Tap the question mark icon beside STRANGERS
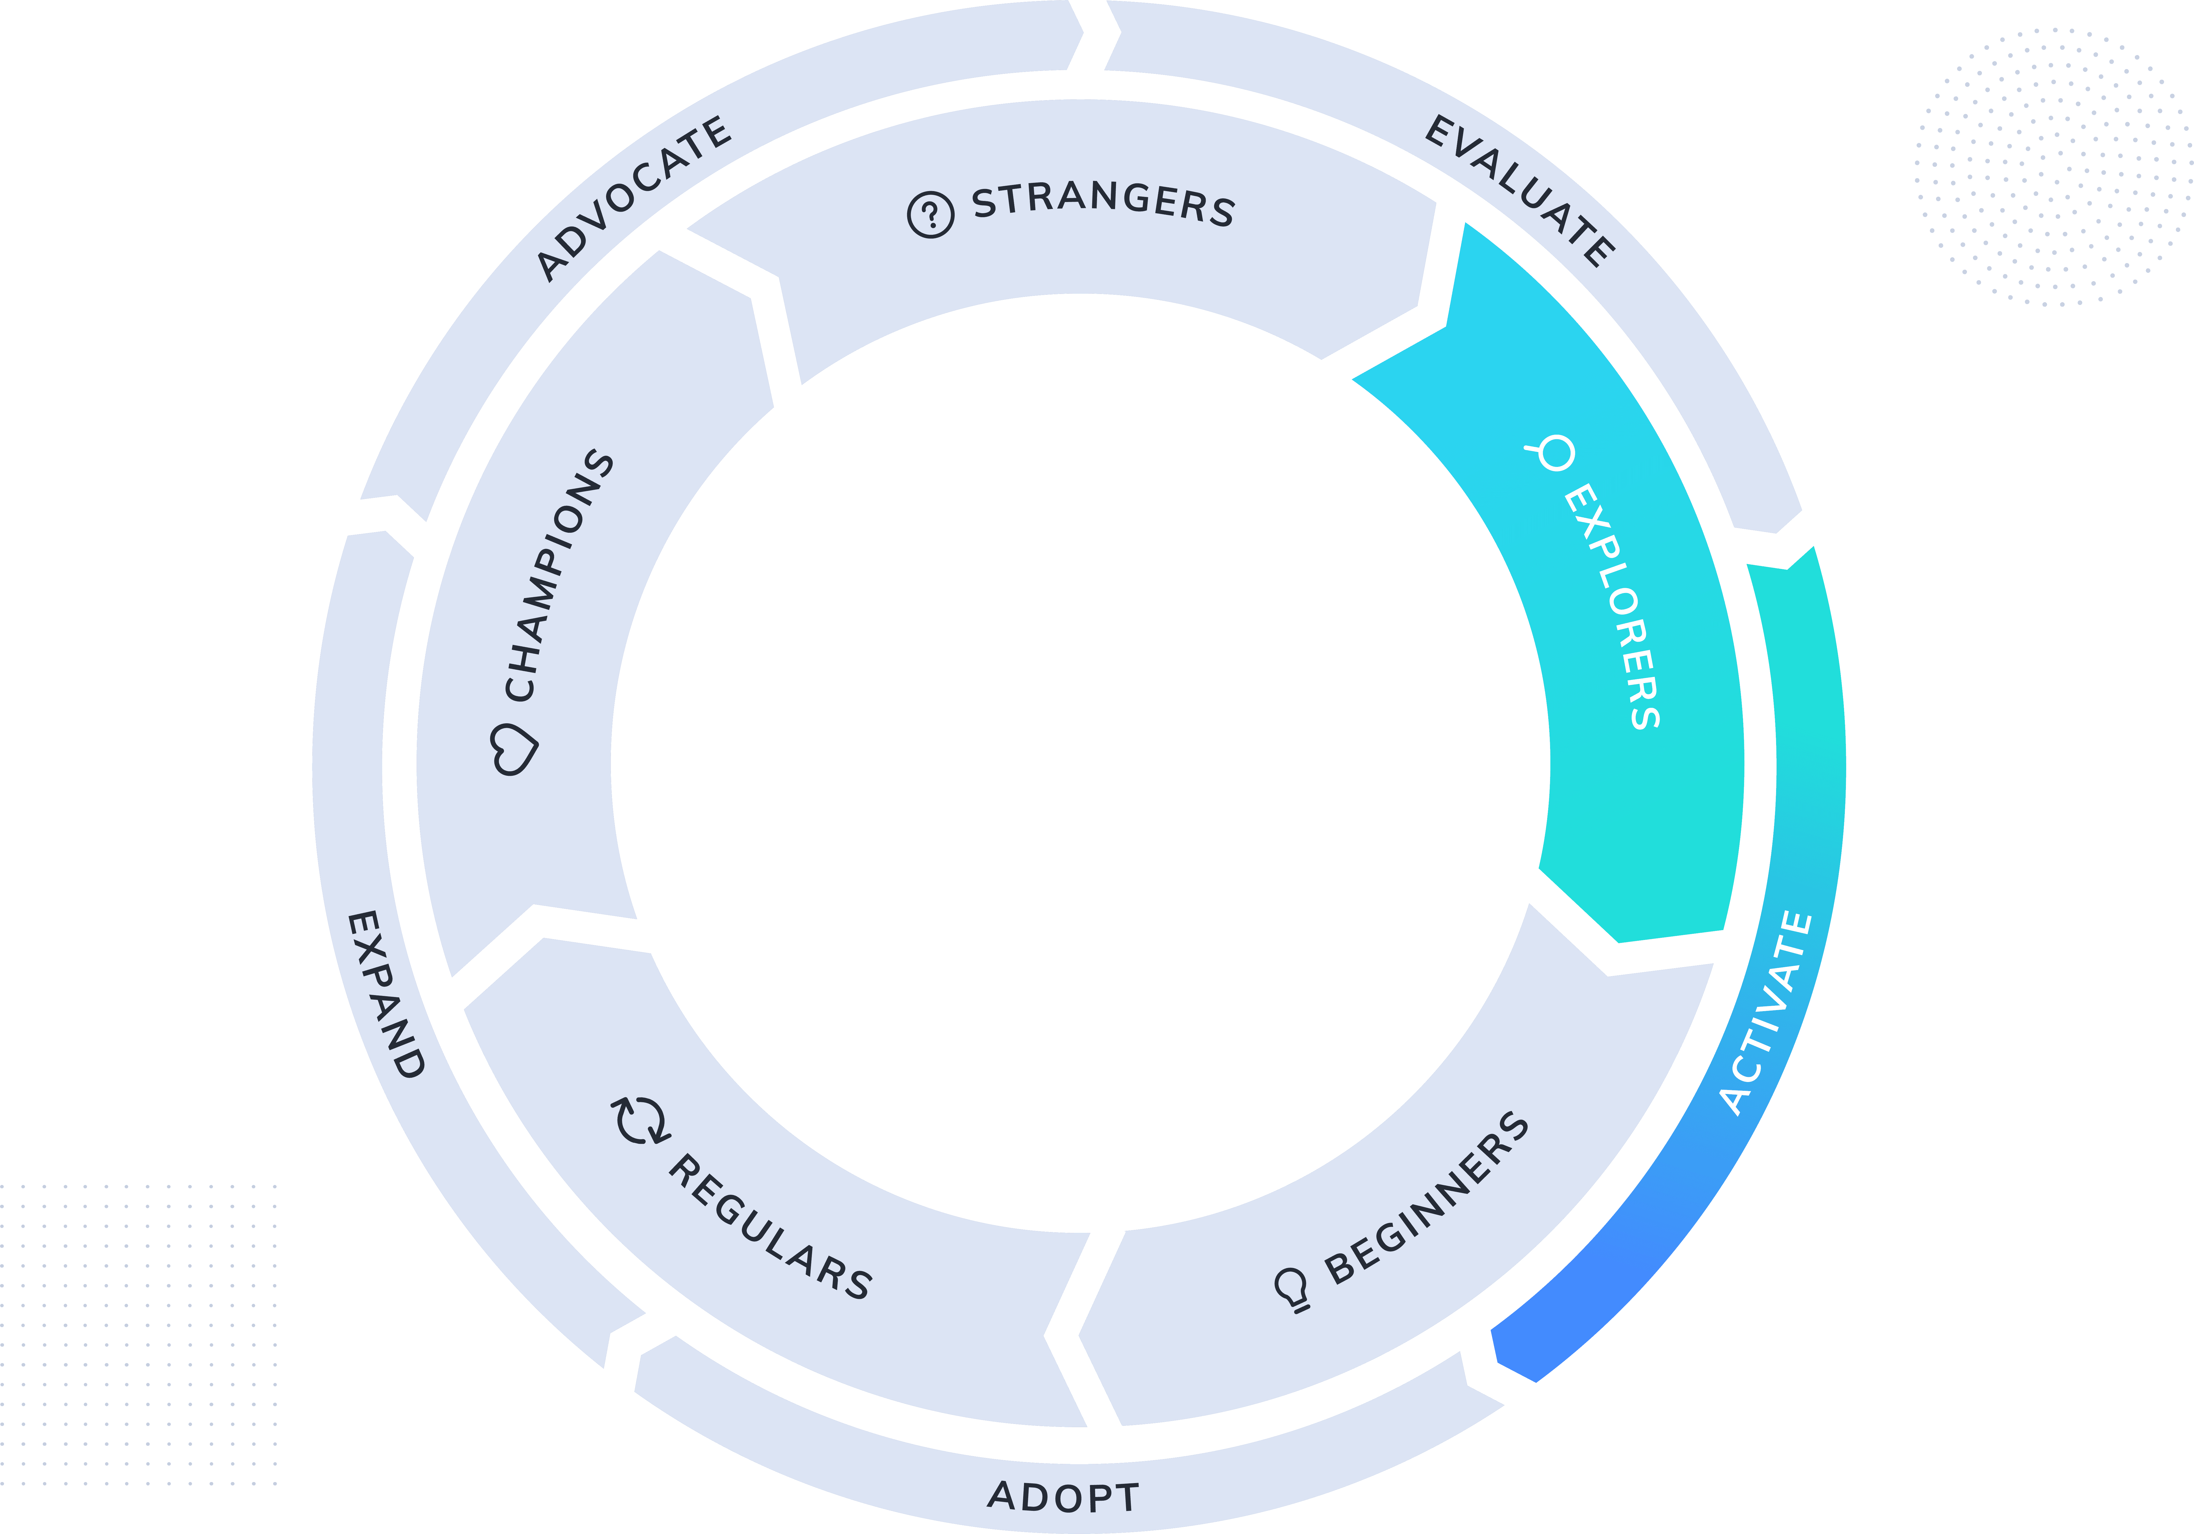click(930, 214)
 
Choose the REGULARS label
click(769, 1228)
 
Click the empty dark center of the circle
click(1080, 765)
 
